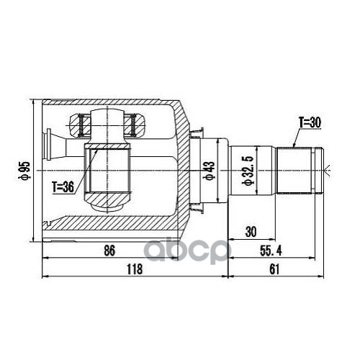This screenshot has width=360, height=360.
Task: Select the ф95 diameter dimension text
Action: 25,171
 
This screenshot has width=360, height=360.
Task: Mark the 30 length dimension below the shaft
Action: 251,233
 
